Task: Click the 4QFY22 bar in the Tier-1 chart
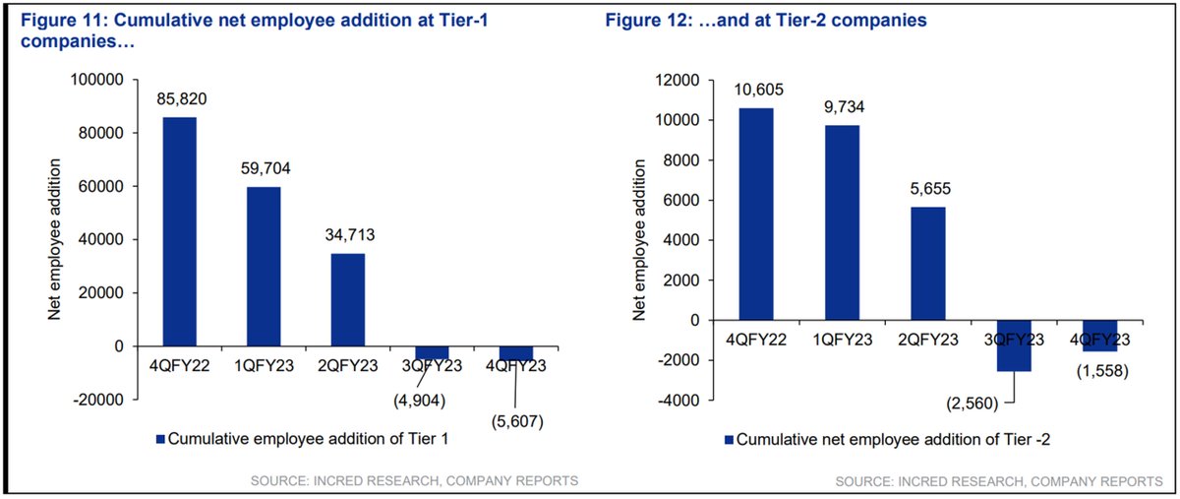click(x=179, y=231)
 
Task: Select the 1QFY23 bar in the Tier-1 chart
click(x=264, y=266)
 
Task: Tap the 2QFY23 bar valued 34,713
click(x=347, y=299)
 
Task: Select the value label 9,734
click(x=843, y=107)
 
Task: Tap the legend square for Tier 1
click(x=159, y=439)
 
